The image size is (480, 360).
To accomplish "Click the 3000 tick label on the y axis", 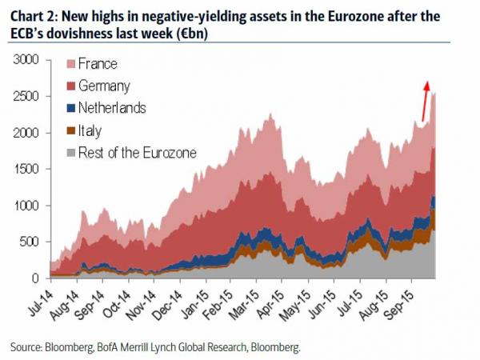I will [26, 60].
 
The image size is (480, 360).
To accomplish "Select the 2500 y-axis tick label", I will [26, 97].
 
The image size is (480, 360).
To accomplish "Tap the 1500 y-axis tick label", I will [26, 170].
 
